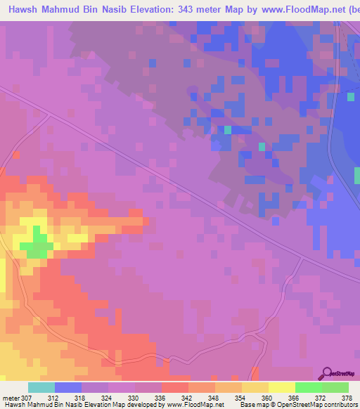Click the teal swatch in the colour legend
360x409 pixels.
pyautogui.click(x=41, y=387)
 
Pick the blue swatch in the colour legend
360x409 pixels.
pyautogui.click(x=68, y=387)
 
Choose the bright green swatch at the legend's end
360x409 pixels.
pyautogui.click(x=335, y=387)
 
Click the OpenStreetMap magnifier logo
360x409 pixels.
pyautogui.click(x=328, y=372)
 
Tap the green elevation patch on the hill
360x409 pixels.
pyautogui.click(x=36, y=246)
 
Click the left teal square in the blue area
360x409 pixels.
pyautogui.click(x=227, y=130)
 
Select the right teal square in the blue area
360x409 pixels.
pyautogui.click(x=262, y=147)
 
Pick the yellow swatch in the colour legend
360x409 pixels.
pyautogui.click(x=282, y=387)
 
